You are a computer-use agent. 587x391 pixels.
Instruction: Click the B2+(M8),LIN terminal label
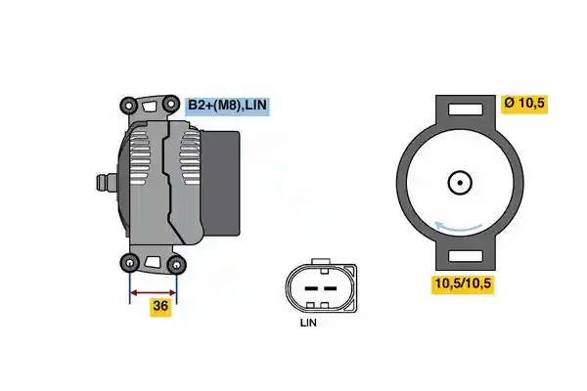pyautogui.click(x=227, y=106)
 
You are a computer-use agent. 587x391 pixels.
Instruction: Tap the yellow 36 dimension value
pyautogui.click(x=160, y=306)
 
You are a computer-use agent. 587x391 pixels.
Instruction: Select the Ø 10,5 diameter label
pyautogui.click(x=524, y=104)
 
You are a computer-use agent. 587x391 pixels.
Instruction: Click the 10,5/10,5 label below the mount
pyautogui.click(x=463, y=283)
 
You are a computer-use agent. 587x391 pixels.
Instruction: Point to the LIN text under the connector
pyautogui.click(x=308, y=323)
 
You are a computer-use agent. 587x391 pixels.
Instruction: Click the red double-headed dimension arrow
pyautogui.click(x=153, y=292)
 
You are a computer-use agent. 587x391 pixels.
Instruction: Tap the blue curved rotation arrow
pyautogui.click(x=458, y=227)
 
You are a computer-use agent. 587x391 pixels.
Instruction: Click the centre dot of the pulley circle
pyautogui.click(x=460, y=183)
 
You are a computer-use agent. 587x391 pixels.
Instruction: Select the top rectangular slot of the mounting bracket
pyautogui.click(x=466, y=109)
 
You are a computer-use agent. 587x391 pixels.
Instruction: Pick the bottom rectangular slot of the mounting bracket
pyautogui.click(x=466, y=256)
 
